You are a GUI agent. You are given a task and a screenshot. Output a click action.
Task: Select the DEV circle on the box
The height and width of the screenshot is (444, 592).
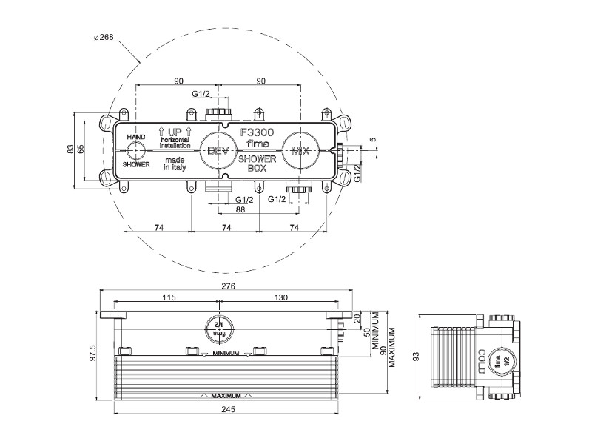pyautogui.click(x=218, y=151)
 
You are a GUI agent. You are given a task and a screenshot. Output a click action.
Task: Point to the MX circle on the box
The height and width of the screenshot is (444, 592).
pyautogui.click(x=299, y=151)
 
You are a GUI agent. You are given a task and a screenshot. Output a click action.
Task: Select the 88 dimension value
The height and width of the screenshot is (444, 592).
pyautogui.click(x=240, y=209)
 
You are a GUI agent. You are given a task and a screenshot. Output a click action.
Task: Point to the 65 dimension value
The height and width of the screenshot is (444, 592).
pyautogui.click(x=81, y=150)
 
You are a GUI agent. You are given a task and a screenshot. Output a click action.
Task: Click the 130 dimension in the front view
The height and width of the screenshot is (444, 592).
pyautogui.click(x=280, y=297)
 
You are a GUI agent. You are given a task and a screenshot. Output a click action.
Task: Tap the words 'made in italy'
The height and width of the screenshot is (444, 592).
pyautogui.click(x=175, y=164)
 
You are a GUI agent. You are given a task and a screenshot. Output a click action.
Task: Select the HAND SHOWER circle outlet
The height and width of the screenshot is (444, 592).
pyautogui.click(x=135, y=151)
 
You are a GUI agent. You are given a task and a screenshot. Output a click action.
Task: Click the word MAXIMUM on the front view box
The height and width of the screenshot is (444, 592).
pyautogui.click(x=226, y=397)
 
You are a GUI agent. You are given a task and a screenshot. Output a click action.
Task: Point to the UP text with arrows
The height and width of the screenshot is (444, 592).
pyautogui.click(x=175, y=131)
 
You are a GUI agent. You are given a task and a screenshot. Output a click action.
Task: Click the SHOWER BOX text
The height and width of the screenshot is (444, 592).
pyautogui.click(x=257, y=163)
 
